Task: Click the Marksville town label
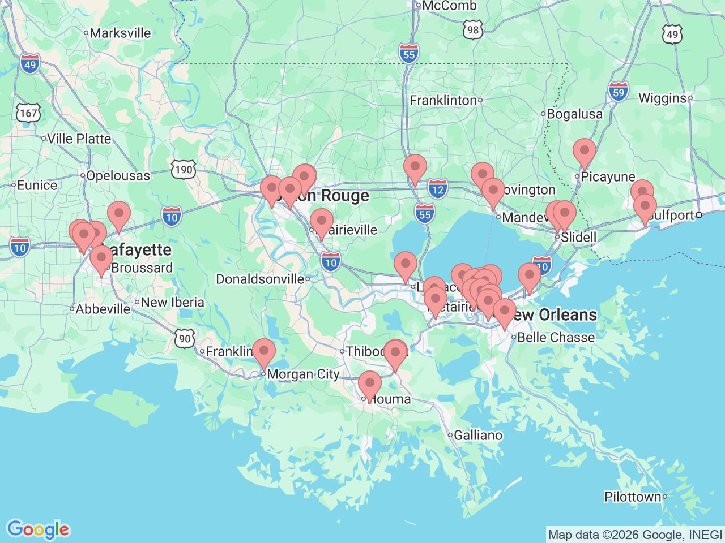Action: click(x=120, y=33)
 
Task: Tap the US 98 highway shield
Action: click(x=473, y=30)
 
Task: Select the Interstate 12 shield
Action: click(x=437, y=189)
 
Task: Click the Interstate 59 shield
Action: click(x=619, y=92)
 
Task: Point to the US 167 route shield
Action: click(x=28, y=113)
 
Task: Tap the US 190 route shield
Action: click(x=184, y=169)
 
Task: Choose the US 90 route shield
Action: click(x=185, y=339)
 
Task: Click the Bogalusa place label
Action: click(x=574, y=114)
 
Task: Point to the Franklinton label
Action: click(x=443, y=100)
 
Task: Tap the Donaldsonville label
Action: click(x=261, y=279)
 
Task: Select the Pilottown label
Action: click(x=633, y=497)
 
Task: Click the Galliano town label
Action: click(x=478, y=435)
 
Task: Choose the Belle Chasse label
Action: click(x=556, y=337)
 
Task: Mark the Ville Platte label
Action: click(x=79, y=139)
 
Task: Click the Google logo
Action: click(x=38, y=529)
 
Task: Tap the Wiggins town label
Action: click(x=662, y=98)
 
